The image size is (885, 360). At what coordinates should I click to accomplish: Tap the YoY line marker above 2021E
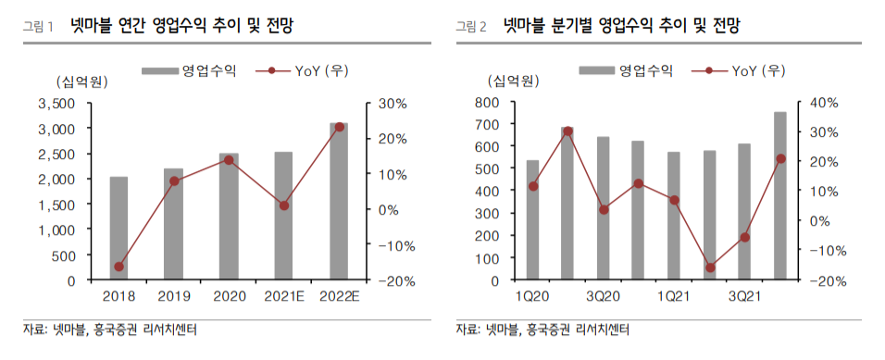(284, 205)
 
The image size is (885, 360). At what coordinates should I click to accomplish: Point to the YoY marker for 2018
(118, 267)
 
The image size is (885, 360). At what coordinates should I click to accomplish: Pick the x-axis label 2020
(229, 296)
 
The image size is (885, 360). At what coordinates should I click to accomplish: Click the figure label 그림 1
(38, 26)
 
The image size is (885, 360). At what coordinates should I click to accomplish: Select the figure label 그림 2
(471, 26)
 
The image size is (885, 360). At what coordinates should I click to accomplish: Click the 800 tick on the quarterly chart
(489, 102)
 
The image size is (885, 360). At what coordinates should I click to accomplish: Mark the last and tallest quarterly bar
(780, 195)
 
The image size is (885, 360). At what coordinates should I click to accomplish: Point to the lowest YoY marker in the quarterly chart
(710, 267)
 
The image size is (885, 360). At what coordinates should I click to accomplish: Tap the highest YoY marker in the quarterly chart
(567, 131)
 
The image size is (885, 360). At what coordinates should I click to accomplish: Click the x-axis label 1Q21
(673, 296)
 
